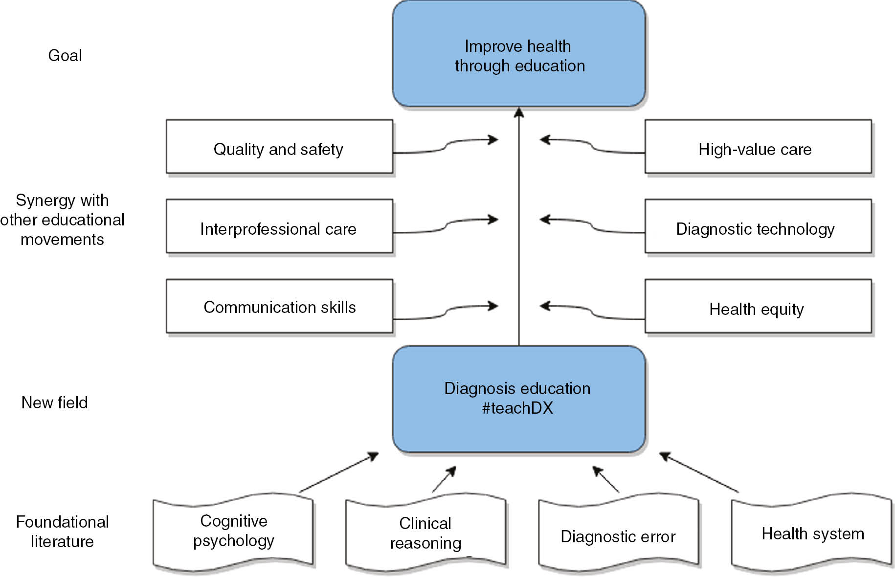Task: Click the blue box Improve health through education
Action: [x=518, y=55]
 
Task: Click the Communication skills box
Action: [x=279, y=307]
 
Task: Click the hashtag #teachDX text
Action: [x=517, y=408]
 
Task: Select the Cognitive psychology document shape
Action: [x=233, y=532]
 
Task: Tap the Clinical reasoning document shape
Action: [x=425, y=533]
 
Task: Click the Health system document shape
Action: [x=812, y=533]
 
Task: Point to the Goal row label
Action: [x=65, y=55]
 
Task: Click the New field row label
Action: [x=54, y=402]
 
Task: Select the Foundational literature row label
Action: [x=62, y=532]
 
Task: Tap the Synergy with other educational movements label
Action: [x=62, y=220]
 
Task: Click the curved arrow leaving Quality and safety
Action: [x=445, y=145]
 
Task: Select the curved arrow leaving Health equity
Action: [x=592, y=312]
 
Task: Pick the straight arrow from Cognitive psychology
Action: [x=339, y=472]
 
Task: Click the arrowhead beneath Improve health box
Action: [x=519, y=113]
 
